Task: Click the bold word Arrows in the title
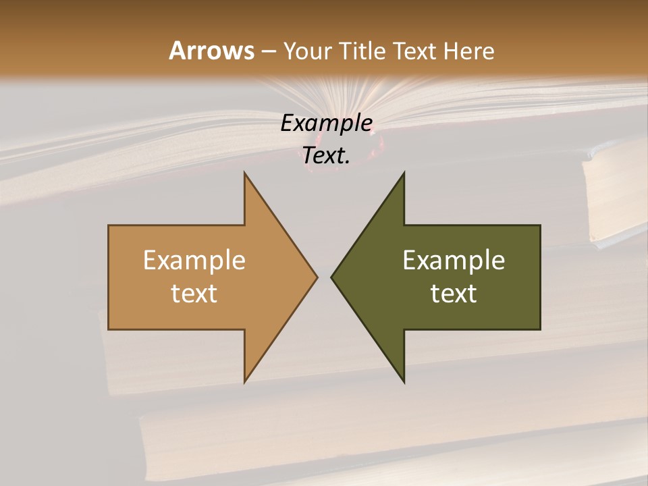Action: coord(211,51)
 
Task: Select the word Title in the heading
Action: coord(364,51)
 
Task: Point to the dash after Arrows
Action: coord(268,51)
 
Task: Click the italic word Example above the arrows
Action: coord(326,124)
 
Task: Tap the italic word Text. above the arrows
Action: coord(326,156)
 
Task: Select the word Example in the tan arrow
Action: coord(194,260)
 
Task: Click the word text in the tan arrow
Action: coord(194,294)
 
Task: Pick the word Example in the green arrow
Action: coord(454,260)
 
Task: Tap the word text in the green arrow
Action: coord(454,294)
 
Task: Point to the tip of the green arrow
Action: coord(332,277)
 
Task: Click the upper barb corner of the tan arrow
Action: coord(244,173)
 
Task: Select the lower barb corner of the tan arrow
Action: coord(244,381)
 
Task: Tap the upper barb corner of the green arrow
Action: coord(404,173)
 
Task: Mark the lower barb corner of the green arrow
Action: coord(404,381)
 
